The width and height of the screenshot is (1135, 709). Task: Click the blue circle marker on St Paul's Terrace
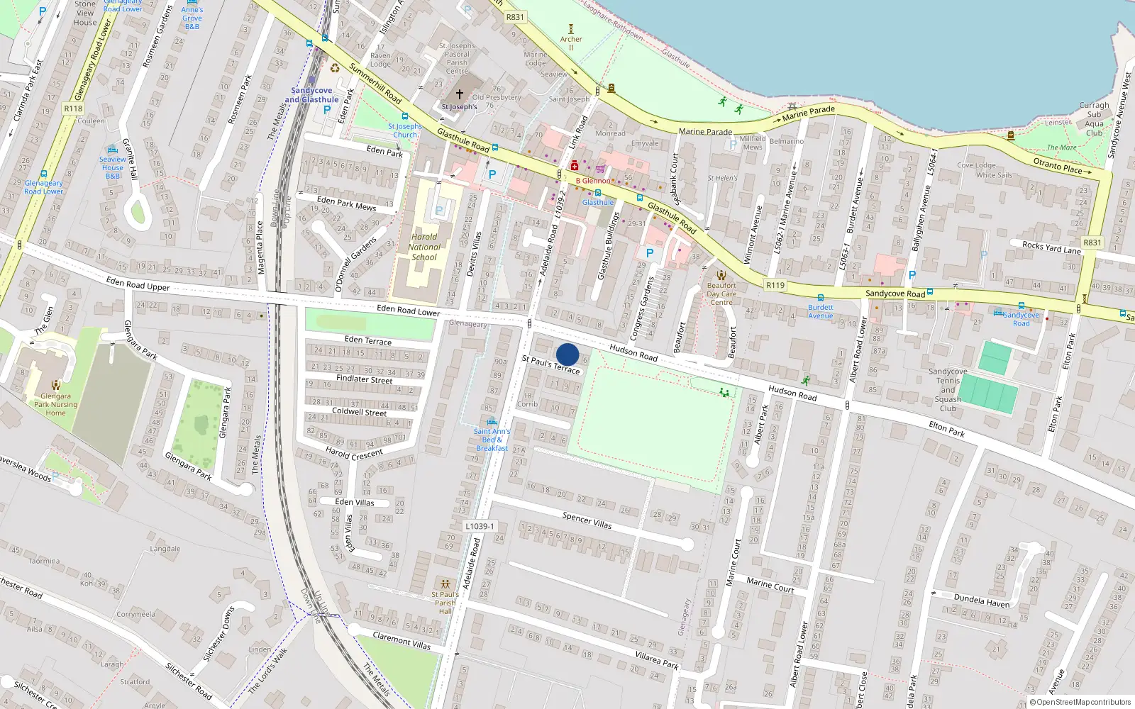(567, 354)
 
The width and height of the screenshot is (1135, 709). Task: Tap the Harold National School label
(424, 247)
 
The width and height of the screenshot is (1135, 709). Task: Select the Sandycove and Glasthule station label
(311, 95)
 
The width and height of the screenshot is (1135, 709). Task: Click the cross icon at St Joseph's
(460, 94)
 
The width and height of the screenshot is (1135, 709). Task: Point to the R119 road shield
(775, 285)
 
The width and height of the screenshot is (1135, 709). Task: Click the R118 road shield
(73, 108)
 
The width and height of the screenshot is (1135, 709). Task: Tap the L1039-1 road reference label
(480, 526)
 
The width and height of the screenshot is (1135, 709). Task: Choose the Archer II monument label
(571, 43)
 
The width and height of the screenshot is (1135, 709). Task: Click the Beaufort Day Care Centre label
(721, 294)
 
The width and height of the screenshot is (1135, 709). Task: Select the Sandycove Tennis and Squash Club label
(948, 390)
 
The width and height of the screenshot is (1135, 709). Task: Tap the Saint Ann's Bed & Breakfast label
(492, 440)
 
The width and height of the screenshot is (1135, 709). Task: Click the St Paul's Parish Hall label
(445, 603)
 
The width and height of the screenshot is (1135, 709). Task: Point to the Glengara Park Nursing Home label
(55, 404)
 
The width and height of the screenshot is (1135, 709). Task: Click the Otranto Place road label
(1058, 165)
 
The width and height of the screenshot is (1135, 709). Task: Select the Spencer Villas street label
(587, 520)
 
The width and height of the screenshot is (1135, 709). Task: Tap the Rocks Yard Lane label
(1051, 247)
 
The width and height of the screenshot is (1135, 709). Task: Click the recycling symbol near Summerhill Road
(335, 68)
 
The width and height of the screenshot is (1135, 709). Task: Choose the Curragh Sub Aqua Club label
(1094, 119)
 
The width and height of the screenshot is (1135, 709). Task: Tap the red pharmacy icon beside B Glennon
(574, 166)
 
